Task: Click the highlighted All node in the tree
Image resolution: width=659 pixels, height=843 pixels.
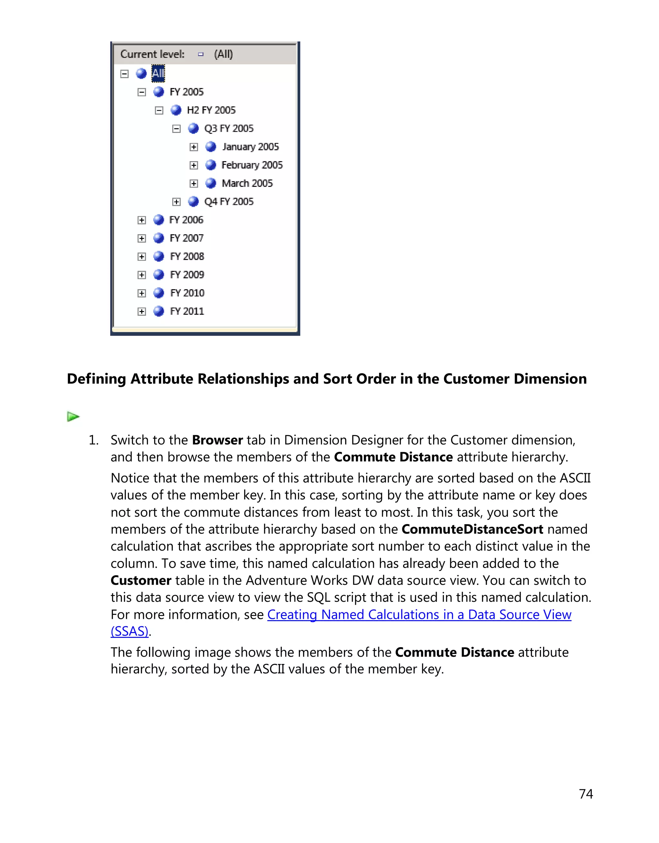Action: pyautogui.click(x=158, y=73)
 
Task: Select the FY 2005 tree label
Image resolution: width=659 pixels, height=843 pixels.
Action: pyautogui.click(x=186, y=92)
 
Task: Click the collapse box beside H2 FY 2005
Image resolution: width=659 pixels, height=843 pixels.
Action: pyautogui.click(x=159, y=110)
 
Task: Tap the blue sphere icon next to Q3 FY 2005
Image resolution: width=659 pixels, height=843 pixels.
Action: pyautogui.click(x=193, y=129)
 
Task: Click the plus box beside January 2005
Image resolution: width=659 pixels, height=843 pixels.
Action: pyautogui.click(x=194, y=147)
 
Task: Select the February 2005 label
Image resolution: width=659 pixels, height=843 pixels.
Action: pyautogui.click(x=252, y=165)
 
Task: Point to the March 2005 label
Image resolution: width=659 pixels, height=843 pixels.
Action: pyautogui.click(x=247, y=183)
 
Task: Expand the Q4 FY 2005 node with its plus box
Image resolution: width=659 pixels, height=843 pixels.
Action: pyautogui.click(x=176, y=202)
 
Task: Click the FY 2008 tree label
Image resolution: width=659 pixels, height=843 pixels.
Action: pyautogui.click(x=187, y=257)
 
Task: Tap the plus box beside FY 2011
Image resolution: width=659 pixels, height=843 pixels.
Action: pyautogui.click(x=142, y=311)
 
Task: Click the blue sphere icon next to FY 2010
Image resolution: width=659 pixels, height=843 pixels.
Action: pyautogui.click(x=159, y=293)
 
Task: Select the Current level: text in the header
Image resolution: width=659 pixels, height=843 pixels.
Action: pyautogui.click(x=153, y=54)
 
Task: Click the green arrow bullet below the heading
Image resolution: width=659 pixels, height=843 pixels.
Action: pyautogui.click(x=73, y=417)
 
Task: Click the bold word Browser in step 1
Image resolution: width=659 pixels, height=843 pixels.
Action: pyautogui.click(x=217, y=440)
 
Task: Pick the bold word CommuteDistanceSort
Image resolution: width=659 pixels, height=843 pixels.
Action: pyautogui.click(x=472, y=529)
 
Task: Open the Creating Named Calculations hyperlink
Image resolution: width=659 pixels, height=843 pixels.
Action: pyautogui.click(x=419, y=615)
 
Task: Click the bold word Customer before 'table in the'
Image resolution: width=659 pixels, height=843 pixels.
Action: pyautogui.click(x=141, y=581)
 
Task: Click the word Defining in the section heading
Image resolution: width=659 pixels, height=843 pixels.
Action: pyautogui.click(x=97, y=379)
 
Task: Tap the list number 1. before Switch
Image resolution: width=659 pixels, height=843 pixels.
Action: pyautogui.click(x=94, y=440)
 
